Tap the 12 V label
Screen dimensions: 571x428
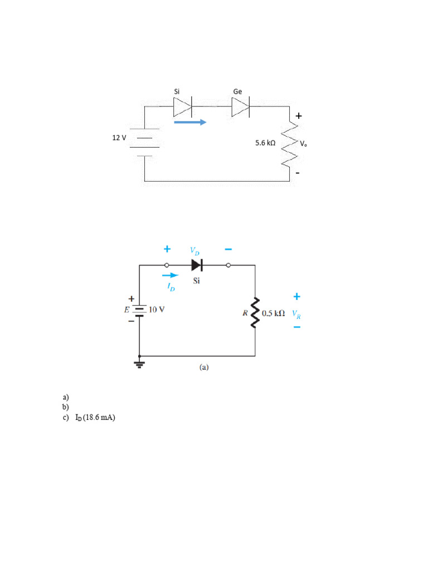(119, 137)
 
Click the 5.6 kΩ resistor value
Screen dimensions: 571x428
(265, 143)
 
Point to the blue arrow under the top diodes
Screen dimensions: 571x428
(190, 122)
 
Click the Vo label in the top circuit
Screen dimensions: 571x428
(303, 143)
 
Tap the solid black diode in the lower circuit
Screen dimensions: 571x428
(196, 265)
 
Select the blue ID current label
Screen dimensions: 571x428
(171, 287)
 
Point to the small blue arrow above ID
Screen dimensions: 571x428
(170, 275)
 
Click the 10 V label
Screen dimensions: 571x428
(157, 309)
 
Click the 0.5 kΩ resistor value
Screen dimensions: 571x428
(273, 314)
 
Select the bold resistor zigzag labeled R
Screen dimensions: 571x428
(255, 313)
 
